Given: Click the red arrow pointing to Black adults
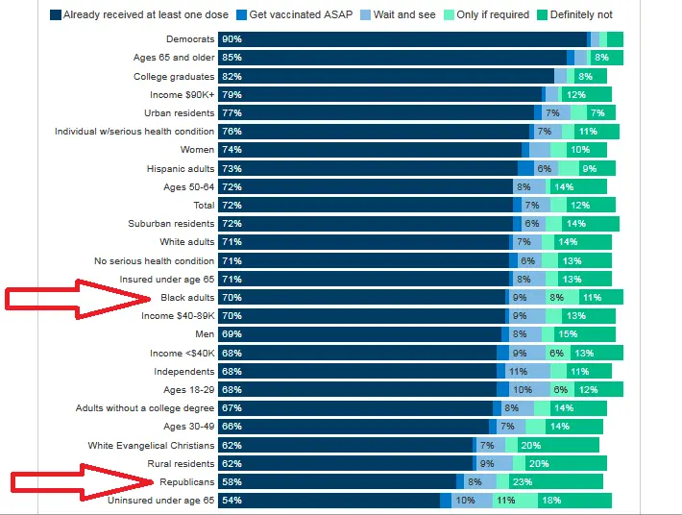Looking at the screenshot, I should coord(77,298).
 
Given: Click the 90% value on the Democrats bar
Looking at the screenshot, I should coord(231,39).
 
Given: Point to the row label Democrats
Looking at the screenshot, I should coord(189,39).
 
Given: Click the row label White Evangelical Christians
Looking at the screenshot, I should coord(151,446).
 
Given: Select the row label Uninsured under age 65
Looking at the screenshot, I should coord(160,501).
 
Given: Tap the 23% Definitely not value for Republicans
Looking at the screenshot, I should coord(523,482).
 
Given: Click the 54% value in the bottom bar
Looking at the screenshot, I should coord(231,501).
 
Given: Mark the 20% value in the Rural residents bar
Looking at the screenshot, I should coord(538,464).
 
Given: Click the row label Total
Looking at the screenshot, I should coord(204,206).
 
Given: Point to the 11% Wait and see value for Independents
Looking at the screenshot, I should coord(519,372).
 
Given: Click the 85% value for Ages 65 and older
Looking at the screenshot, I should coord(231,58).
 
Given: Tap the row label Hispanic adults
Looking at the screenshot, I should coord(181,168).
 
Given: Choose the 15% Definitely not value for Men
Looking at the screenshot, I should coord(567,335).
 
